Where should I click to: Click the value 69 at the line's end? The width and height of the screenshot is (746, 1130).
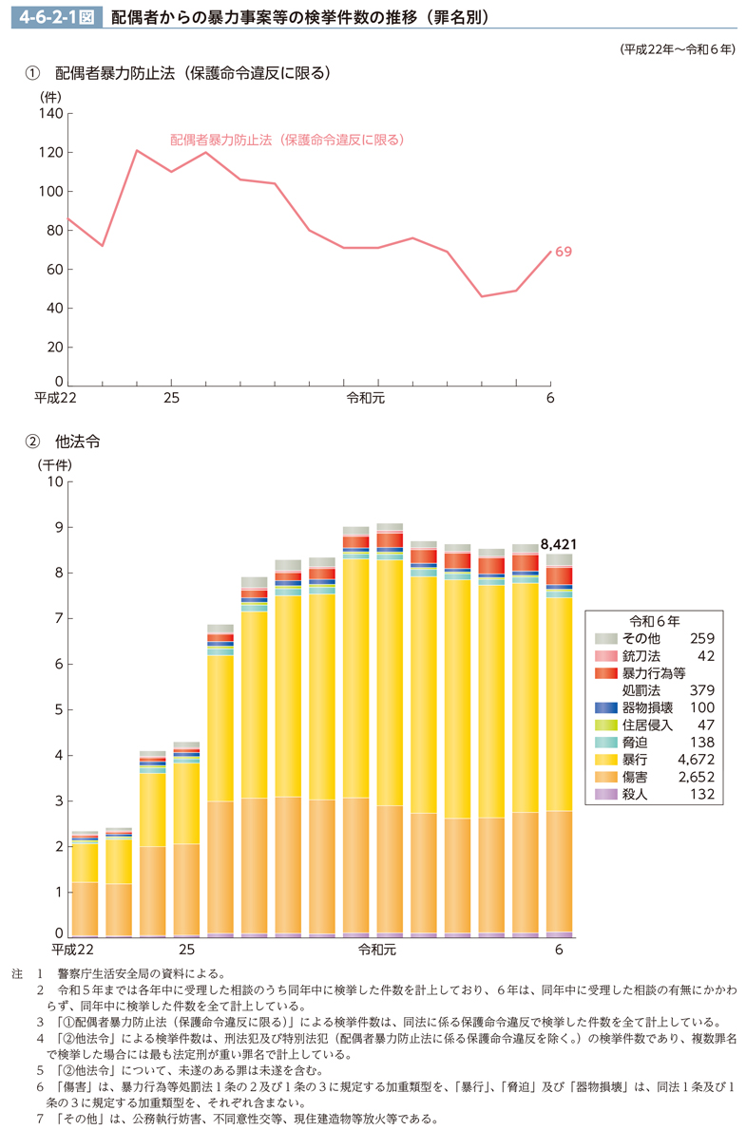click(564, 252)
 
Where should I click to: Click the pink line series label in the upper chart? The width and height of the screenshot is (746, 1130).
click(288, 139)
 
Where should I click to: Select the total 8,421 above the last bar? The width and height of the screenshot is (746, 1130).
click(559, 544)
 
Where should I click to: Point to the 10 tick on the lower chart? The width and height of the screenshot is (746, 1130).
click(53, 481)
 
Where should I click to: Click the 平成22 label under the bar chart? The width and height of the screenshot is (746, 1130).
click(73, 950)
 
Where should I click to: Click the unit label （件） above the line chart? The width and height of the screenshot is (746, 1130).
click(49, 96)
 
